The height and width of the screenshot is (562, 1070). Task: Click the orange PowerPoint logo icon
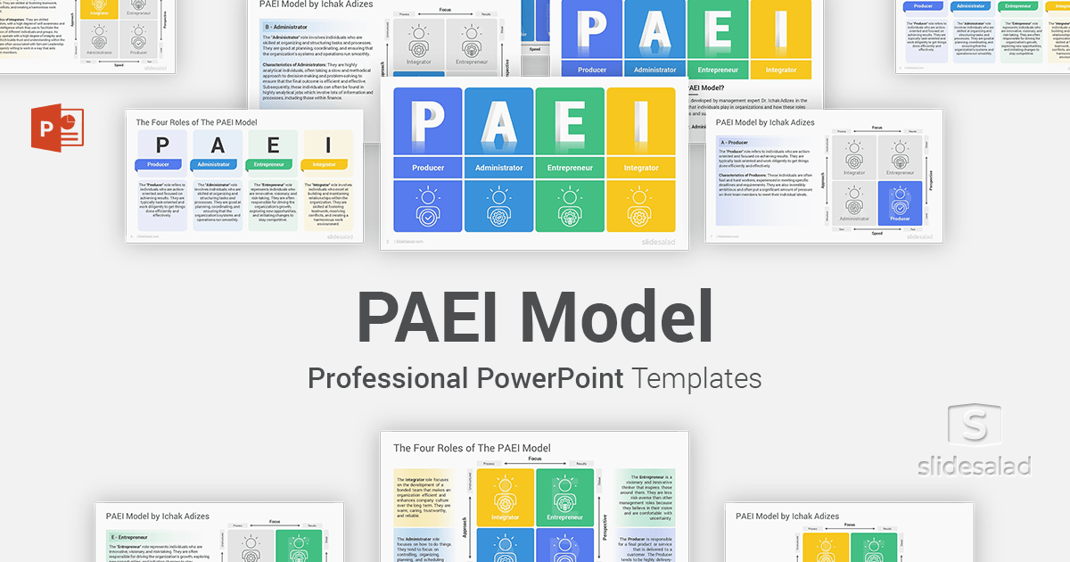pyautogui.click(x=56, y=128)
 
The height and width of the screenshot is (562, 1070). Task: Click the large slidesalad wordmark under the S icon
pyautogui.click(x=975, y=466)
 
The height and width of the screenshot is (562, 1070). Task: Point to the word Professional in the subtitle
pyautogui.click(x=388, y=378)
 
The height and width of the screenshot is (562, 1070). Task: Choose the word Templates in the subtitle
pyautogui.click(x=697, y=378)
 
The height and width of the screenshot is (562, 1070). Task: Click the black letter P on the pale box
pyautogui.click(x=162, y=145)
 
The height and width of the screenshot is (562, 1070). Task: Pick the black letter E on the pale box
pyautogui.click(x=273, y=145)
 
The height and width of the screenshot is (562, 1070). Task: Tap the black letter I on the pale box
pyautogui.click(x=328, y=145)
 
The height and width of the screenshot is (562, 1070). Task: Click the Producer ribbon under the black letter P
pyautogui.click(x=162, y=164)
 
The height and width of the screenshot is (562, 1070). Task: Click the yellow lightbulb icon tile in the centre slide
pyautogui.click(x=640, y=207)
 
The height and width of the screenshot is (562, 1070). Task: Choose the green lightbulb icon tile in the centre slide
pyautogui.click(x=570, y=207)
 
